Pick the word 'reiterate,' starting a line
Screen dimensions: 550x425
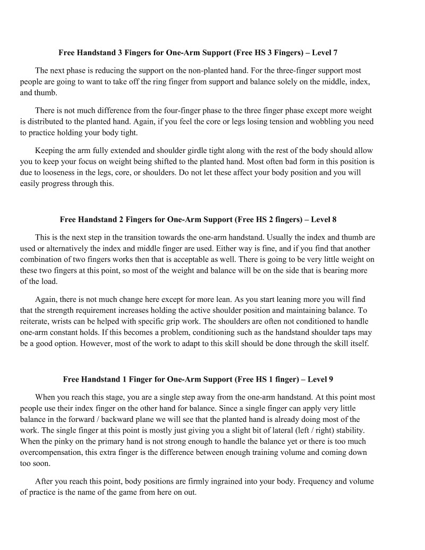coord(36,322)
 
